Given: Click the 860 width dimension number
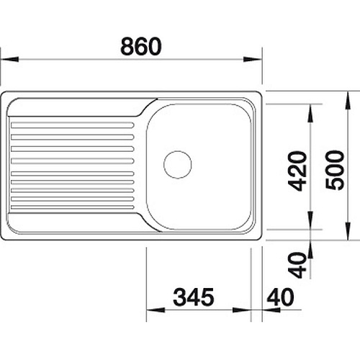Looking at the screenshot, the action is [141, 46].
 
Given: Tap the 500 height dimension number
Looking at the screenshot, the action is [335, 170].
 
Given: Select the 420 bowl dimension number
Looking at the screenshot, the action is [297, 171].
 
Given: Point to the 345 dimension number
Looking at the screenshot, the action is [194, 297].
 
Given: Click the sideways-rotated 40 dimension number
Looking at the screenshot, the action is [297, 265].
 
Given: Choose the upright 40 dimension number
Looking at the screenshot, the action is [280, 297].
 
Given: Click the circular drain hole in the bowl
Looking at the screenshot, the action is [178, 164].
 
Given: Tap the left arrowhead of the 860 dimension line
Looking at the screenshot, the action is [9, 59].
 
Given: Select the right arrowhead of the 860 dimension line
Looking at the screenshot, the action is [253, 59].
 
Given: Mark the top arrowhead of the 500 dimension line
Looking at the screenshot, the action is [348, 101].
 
